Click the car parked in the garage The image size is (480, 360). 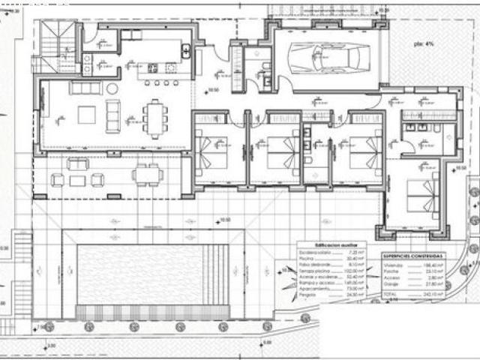coord(325,57)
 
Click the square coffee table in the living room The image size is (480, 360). coord(87,115)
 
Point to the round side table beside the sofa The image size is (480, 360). coord(112,88)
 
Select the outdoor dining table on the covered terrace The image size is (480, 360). coord(147,175)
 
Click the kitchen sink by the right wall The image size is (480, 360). coord(185,52)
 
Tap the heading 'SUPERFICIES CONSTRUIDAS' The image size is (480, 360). coord(412,254)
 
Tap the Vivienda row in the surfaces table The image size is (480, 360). coord(412,265)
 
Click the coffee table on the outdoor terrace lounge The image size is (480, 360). coord(77,180)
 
